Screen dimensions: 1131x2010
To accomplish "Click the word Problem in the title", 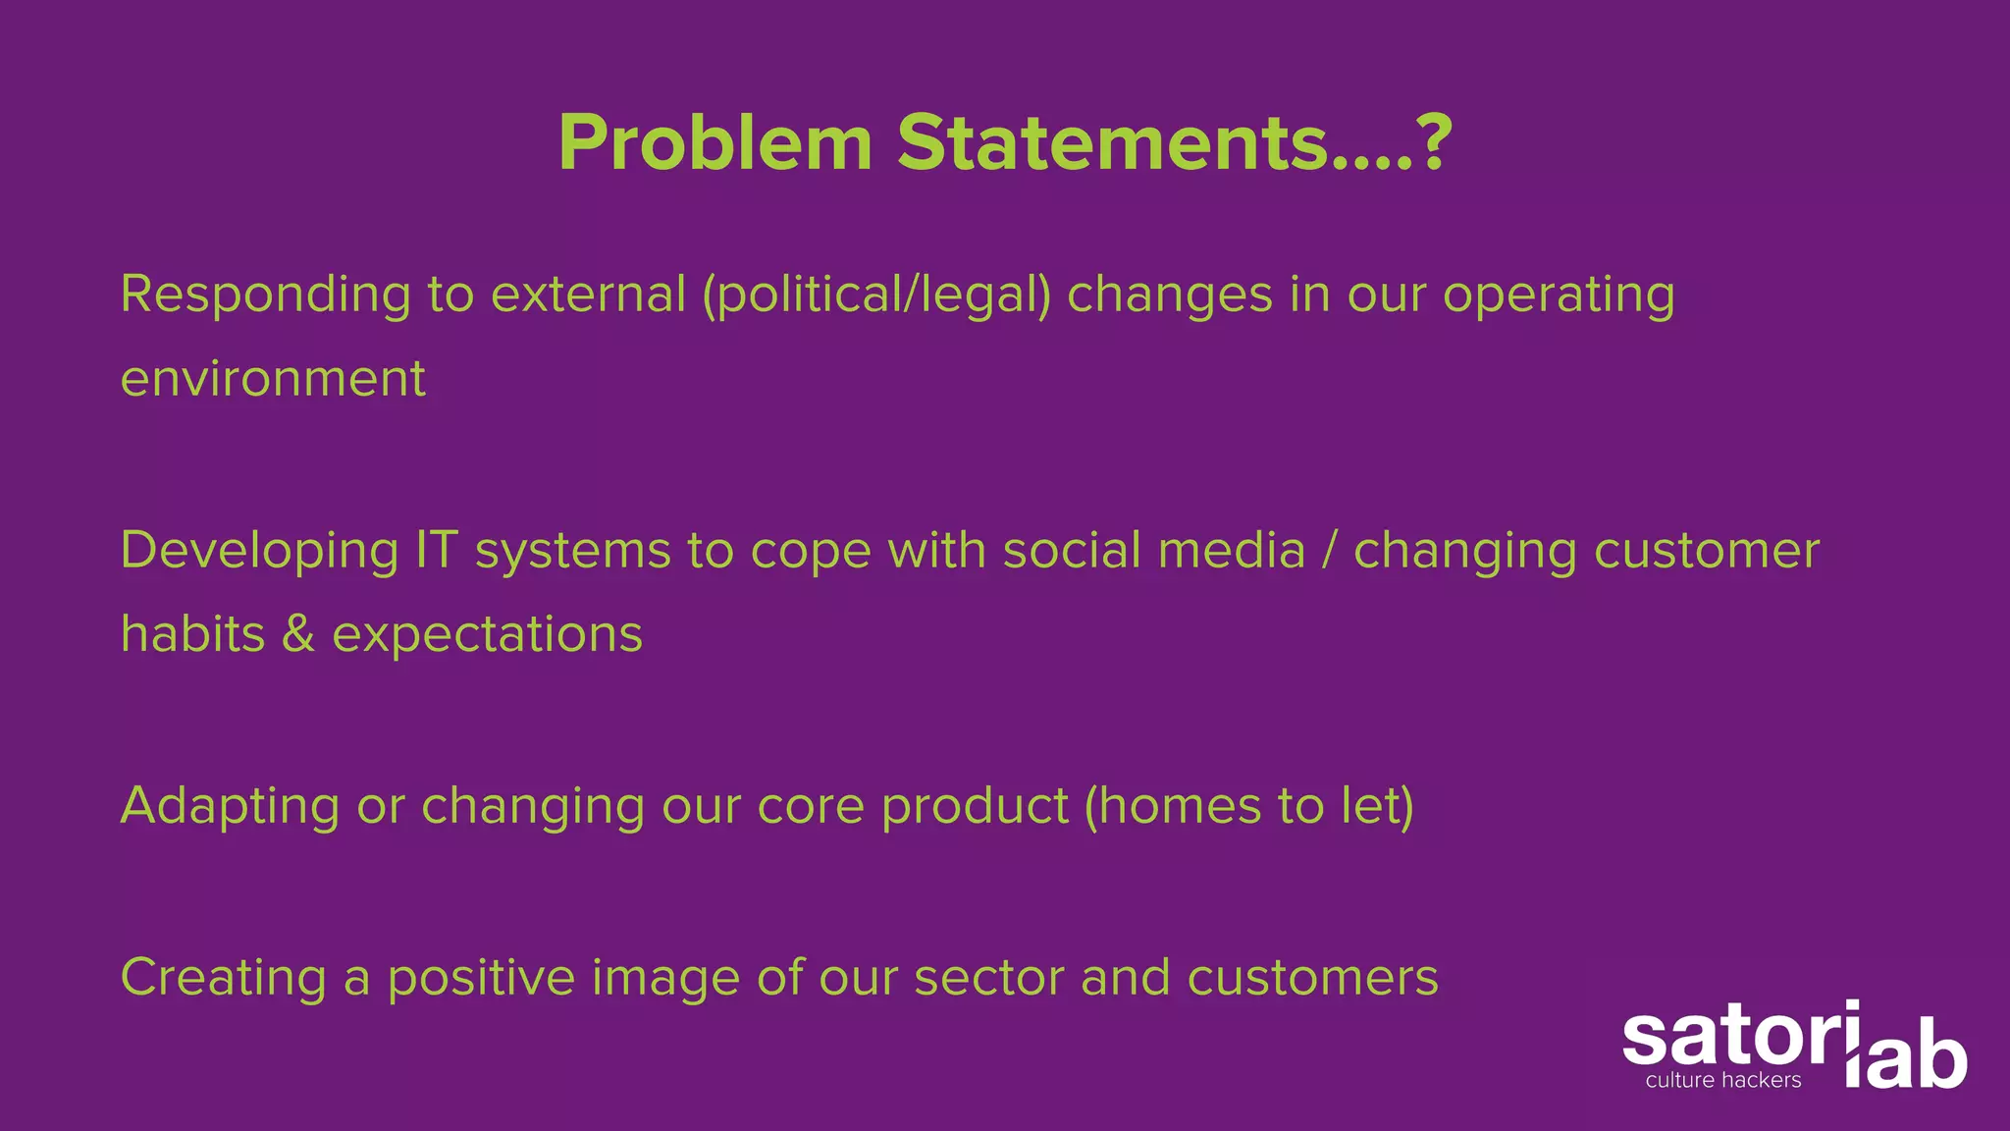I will tap(715, 143).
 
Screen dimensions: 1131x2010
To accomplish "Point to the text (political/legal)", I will tap(876, 295).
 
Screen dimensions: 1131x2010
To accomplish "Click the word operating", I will tap(1559, 295).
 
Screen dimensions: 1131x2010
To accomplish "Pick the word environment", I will tap(273, 379).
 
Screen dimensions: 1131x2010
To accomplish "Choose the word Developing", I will tap(259, 551).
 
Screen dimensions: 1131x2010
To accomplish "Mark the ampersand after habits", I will tap(298, 634).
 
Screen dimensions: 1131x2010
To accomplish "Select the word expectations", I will tap(487, 635).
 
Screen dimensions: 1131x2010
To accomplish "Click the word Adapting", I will tap(230, 807).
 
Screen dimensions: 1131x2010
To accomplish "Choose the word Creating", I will tap(223, 978).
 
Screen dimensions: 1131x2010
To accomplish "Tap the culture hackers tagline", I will tap(1723, 1081).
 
